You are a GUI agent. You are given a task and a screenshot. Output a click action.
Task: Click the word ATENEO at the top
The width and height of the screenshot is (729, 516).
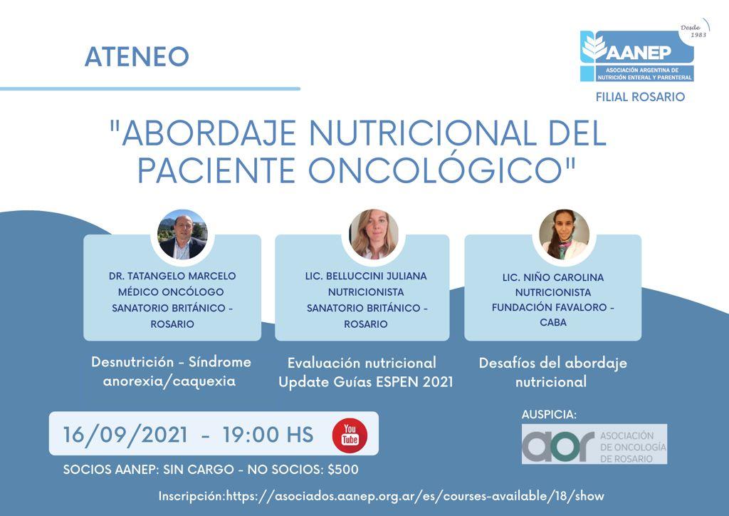(137, 57)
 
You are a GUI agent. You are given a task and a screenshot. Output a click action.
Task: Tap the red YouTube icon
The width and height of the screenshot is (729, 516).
(350, 435)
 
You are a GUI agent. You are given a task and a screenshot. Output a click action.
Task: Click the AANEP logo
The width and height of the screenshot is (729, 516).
(637, 56)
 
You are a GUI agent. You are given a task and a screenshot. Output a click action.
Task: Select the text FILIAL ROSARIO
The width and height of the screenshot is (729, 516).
(640, 97)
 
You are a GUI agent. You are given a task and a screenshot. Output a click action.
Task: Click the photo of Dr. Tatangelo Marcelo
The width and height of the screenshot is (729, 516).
(182, 235)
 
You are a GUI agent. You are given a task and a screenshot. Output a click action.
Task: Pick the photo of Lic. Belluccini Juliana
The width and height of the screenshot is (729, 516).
(374, 234)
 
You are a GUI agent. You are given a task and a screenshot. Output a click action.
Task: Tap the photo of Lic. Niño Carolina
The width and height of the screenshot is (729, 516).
(564, 234)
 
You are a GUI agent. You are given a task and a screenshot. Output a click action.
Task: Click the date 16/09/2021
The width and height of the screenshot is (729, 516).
(125, 435)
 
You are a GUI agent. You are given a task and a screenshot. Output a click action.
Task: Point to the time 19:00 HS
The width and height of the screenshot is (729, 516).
(268, 435)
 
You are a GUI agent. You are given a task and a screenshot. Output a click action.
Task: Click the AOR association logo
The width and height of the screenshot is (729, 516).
(594, 444)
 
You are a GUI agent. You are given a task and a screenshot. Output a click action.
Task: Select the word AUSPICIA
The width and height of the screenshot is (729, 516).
(549, 415)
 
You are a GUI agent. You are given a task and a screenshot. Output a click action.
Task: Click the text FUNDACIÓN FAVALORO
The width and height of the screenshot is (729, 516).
(549, 307)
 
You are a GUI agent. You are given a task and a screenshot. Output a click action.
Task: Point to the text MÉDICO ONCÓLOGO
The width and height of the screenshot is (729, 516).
(171, 291)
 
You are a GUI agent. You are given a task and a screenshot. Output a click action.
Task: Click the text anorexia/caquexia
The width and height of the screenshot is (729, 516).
(169, 381)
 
